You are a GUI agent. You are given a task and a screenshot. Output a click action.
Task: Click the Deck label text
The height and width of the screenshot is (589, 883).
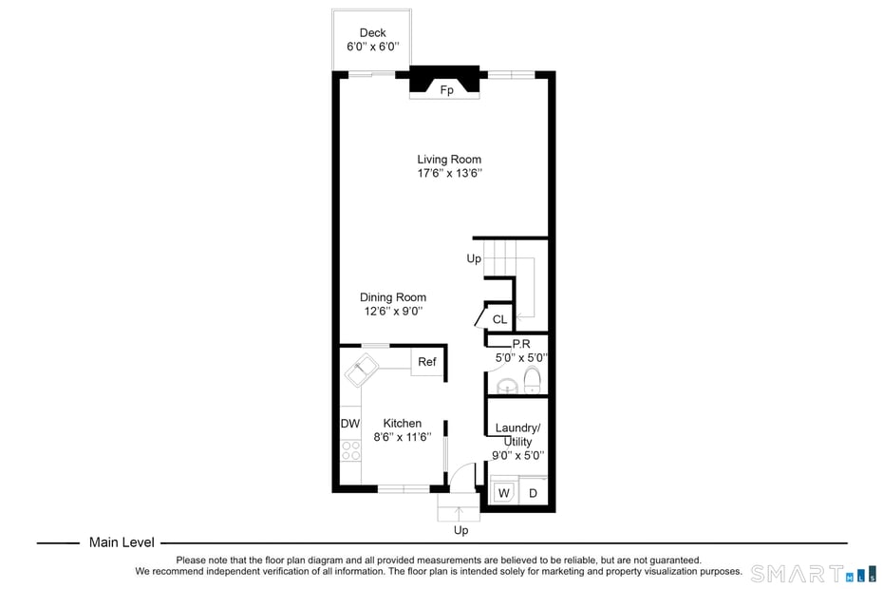372,33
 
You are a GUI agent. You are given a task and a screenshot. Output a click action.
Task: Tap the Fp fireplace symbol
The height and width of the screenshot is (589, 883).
445,90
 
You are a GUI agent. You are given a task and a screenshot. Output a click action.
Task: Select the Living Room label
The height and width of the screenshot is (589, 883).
449,160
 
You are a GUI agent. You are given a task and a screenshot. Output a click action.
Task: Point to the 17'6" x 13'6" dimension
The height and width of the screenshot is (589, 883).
449,174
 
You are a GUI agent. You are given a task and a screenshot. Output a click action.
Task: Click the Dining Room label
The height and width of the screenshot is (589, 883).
392,297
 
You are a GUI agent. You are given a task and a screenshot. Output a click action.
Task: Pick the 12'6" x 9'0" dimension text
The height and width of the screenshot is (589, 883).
392,312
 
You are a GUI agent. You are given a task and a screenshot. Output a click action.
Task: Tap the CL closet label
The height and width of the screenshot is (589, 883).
499,319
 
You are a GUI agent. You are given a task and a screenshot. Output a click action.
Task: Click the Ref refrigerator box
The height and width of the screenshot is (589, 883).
427,362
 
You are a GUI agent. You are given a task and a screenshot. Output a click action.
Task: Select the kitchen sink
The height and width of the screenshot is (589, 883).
362,370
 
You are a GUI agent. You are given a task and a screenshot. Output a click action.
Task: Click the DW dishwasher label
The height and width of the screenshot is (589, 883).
349,424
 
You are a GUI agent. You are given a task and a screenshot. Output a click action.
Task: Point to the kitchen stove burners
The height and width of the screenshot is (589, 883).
350,451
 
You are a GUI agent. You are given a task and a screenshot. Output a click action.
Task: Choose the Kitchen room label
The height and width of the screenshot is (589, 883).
402,424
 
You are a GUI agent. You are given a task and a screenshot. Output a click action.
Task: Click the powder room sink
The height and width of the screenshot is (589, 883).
508,386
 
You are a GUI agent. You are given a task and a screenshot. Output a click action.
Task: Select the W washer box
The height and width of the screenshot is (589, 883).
503,493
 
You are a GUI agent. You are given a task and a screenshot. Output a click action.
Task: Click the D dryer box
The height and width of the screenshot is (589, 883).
533,493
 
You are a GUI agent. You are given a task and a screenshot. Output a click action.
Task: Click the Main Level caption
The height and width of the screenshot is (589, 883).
122,542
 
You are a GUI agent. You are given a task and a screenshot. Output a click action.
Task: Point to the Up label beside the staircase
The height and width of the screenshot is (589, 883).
474,258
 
